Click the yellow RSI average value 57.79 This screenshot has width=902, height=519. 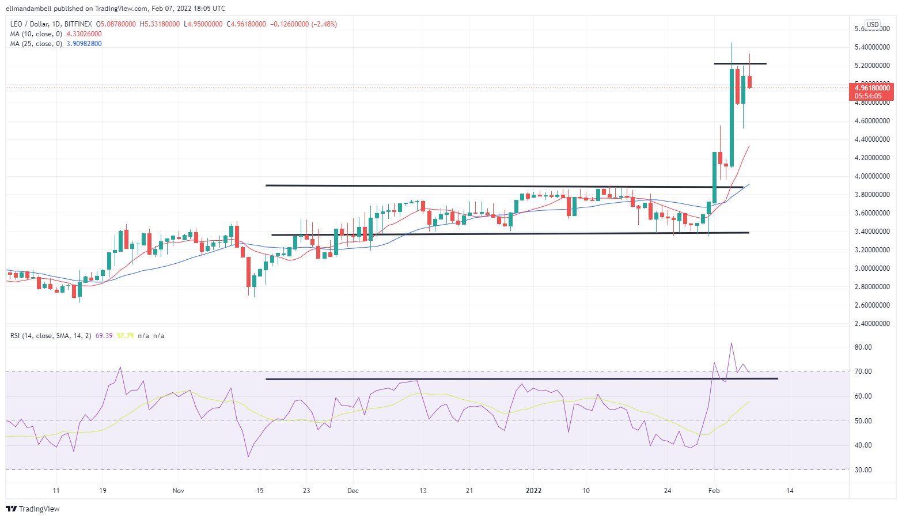point(125,335)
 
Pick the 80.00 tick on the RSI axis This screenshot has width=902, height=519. point(863,347)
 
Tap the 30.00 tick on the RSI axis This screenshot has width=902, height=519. point(863,470)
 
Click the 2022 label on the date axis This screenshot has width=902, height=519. point(534,491)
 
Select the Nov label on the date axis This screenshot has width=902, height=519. point(179,491)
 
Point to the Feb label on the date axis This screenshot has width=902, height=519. point(714,491)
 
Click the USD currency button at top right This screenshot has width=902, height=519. point(873,24)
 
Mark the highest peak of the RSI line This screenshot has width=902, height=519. point(732,343)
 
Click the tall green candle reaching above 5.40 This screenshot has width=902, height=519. point(732,115)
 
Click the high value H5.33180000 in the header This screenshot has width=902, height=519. point(160,24)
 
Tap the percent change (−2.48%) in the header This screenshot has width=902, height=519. point(324,24)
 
